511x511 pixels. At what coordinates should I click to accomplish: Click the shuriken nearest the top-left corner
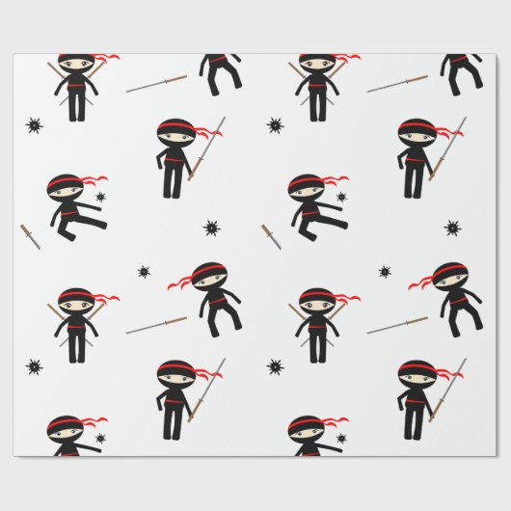click(34, 125)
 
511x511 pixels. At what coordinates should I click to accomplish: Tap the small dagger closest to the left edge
click(30, 236)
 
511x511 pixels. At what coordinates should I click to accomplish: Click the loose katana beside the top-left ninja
click(156, 82)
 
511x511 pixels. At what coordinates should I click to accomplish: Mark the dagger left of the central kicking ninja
click(271, 236)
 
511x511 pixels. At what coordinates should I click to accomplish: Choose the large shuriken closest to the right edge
click(451, 229)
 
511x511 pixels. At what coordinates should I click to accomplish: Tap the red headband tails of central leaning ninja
click(181, 280)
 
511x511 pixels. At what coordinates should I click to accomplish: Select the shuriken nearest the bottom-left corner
click(34, 366)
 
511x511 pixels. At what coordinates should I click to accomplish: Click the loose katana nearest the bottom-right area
click(397, 323)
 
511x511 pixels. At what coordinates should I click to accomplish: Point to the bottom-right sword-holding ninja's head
click(417, 372)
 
